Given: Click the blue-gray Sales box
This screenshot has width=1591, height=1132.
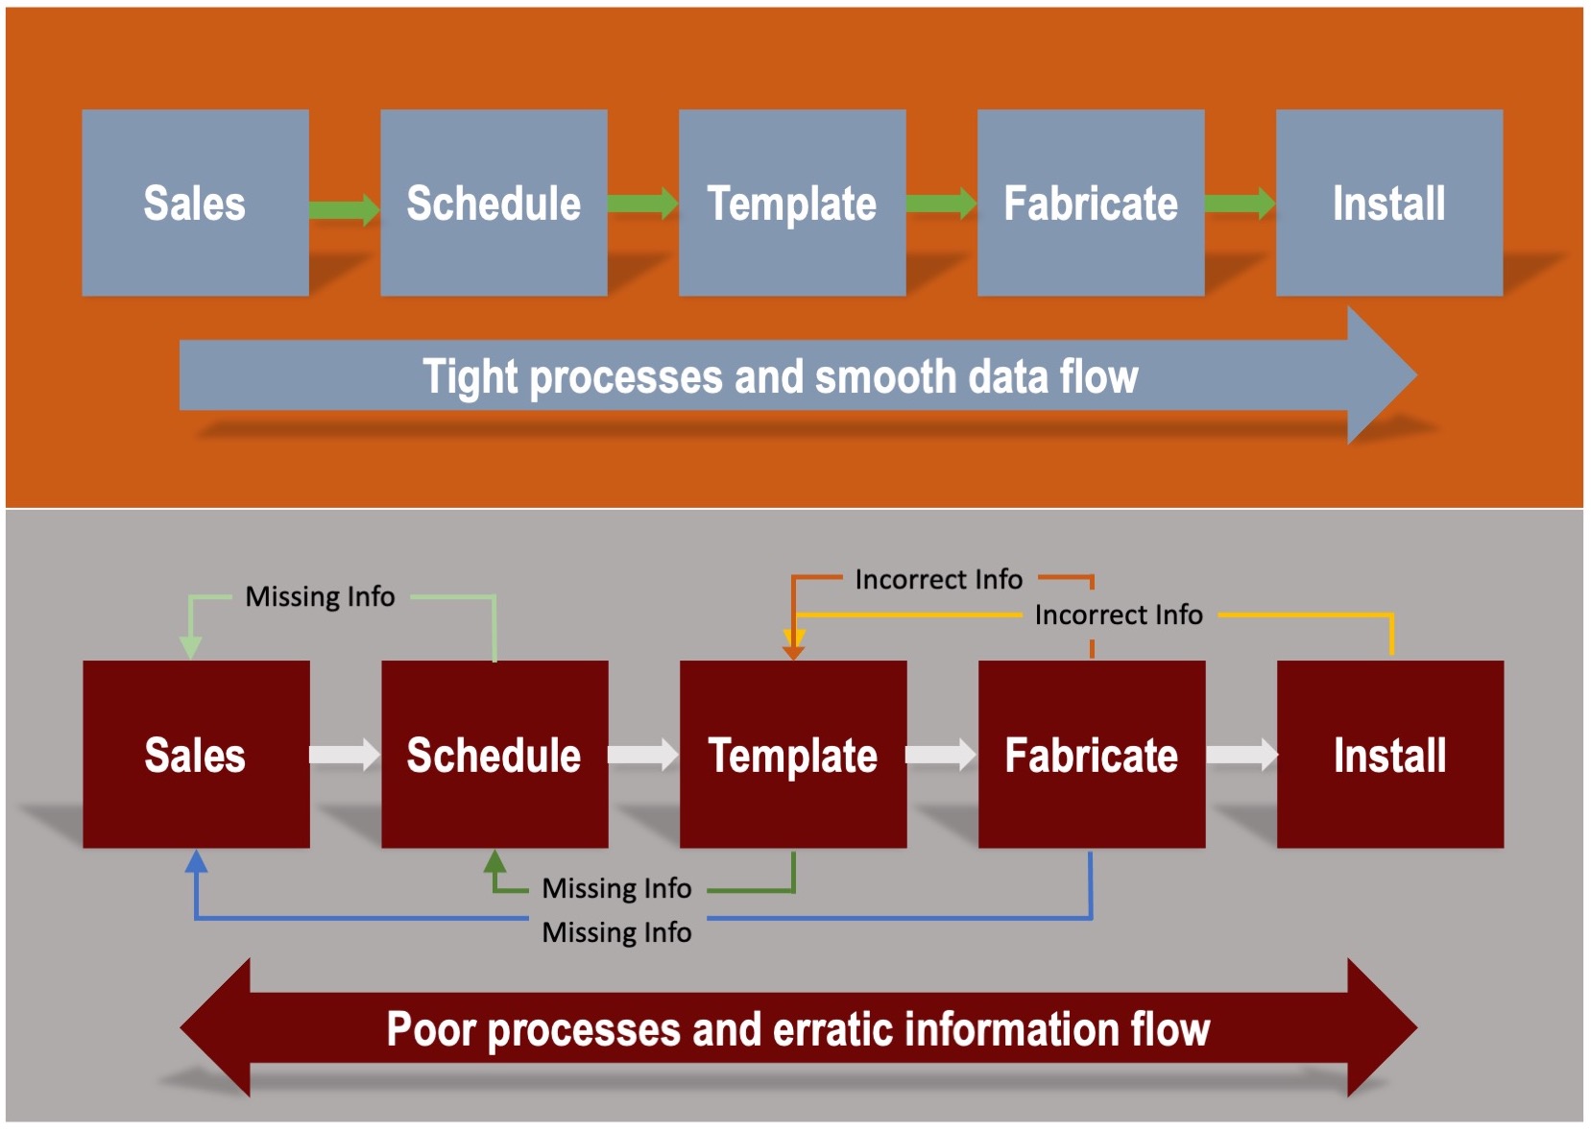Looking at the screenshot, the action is (x=195, y=203).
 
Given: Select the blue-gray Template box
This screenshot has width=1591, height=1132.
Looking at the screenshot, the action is (x=792, y=203).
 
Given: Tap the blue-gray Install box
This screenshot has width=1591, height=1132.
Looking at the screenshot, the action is (x=1389, y=203).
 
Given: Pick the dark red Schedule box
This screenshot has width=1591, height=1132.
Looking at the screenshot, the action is (x=494, y=755).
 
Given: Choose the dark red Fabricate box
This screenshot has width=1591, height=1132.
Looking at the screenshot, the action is (x=1092, y=755).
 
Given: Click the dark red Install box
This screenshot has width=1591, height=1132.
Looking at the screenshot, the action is (x=1390, y=755).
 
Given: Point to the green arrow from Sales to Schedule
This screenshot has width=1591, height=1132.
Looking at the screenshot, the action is (x=345, y=209).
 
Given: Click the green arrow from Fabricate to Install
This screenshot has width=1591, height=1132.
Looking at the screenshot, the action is (x=1241, y=204).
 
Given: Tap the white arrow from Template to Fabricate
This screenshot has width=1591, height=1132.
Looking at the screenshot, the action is (x=942, y=755).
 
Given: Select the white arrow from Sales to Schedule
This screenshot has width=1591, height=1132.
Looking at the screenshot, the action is (x=346, y=755).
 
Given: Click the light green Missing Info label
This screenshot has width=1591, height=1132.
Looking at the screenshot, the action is (x=320, y=596).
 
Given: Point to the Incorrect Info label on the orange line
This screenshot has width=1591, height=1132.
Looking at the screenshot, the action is (x=938, y=580).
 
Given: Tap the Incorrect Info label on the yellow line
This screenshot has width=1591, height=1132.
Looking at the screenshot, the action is (x=1119, y=614).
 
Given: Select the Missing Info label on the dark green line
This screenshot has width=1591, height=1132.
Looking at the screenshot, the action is (x=616, y=888).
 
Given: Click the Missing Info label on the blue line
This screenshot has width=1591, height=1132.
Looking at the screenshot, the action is (x=616, y=931).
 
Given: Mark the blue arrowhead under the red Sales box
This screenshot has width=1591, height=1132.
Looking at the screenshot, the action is (x=196, y=861).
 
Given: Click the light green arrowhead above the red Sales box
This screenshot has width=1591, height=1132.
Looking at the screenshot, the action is (x=190, y=648).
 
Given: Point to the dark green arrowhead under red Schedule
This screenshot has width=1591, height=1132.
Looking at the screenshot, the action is (x=495, y=861).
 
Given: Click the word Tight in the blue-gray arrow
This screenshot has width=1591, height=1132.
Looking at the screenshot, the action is (x=470, y=376).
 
